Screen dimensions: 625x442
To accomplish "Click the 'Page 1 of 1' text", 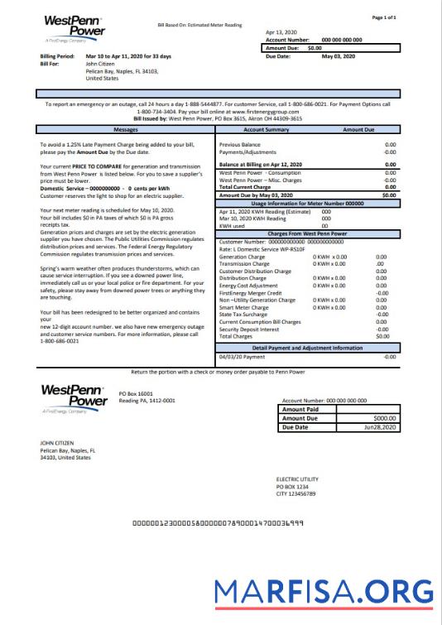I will pos(408,17).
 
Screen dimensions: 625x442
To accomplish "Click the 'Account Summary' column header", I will pos(266,130).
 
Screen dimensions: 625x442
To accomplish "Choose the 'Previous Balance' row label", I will pos(240,144).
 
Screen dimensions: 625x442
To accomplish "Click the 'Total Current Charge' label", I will pos(246,186).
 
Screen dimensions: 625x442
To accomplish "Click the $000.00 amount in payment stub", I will pos(385,419).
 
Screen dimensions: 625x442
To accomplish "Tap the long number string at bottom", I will pos(219,525).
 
